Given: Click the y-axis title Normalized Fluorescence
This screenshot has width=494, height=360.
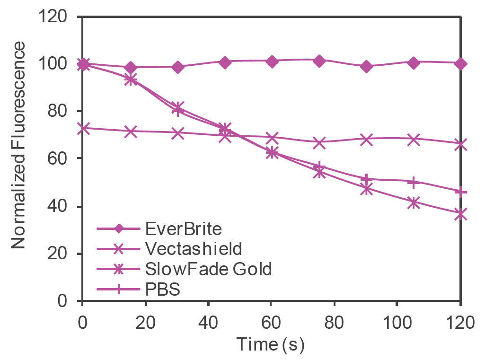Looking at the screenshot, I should coord(18,145).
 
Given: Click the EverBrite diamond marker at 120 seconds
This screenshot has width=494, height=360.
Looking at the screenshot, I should coord(461,63).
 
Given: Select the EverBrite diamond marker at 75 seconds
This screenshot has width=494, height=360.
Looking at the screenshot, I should coord(319,61).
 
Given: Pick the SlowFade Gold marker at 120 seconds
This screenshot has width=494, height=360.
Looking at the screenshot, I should coord(461,214).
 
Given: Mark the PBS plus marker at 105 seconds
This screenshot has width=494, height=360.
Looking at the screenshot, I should coord(414,182).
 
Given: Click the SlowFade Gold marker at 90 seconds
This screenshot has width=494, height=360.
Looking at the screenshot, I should coord(366,189).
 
